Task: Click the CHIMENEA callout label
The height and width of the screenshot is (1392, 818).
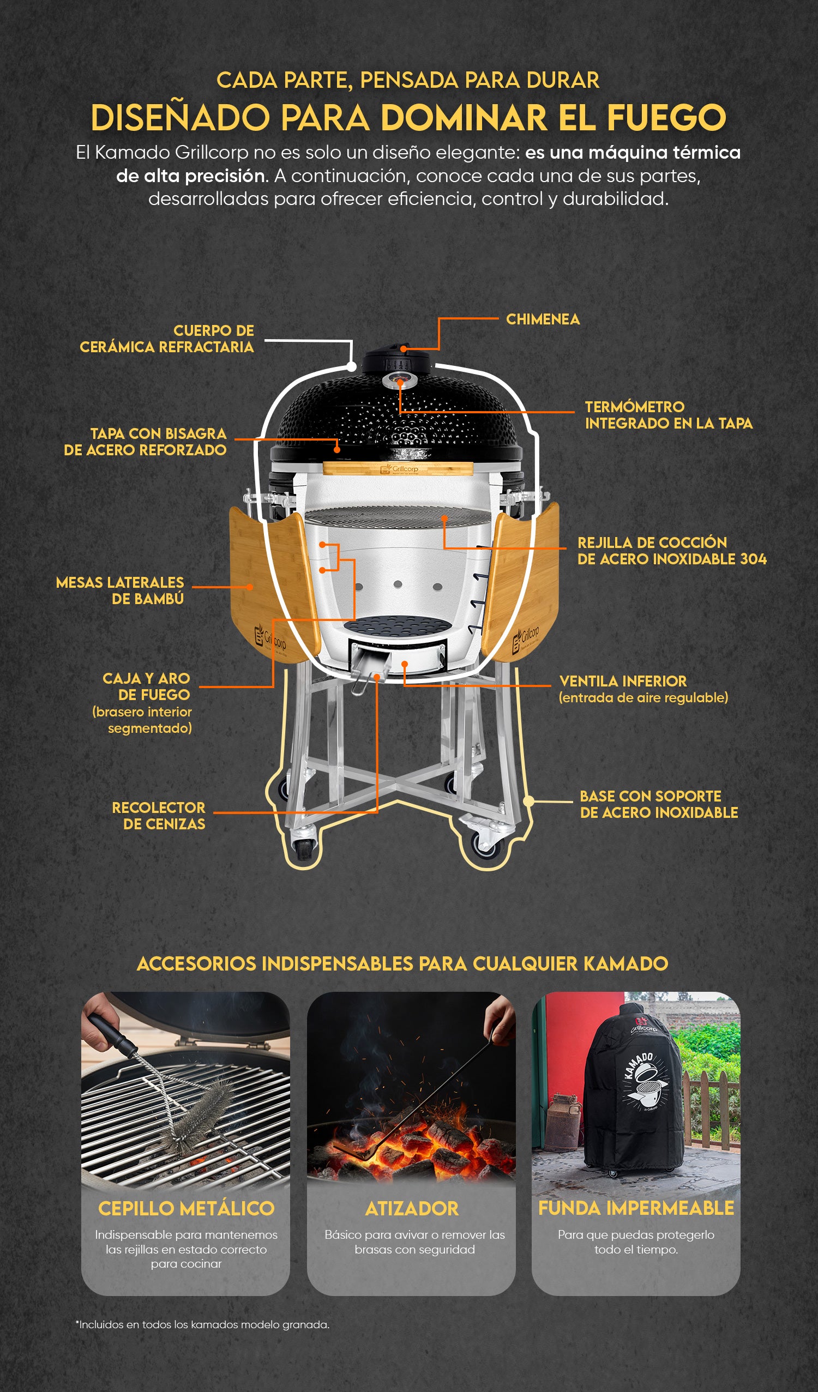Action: (543, 320)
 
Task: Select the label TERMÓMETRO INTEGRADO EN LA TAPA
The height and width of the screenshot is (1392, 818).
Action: (669, 415)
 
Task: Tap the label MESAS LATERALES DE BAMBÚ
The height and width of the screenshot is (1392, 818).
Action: (120, 590)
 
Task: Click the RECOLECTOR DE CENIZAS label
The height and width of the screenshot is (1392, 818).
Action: (159, 816)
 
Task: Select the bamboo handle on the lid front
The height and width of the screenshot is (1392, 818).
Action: (398, 468)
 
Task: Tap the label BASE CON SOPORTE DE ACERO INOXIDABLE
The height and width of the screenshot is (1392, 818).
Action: (659, 804)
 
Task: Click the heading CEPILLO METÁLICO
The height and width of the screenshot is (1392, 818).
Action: (186, 1208)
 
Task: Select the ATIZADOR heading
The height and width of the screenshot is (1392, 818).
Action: (412, 1208)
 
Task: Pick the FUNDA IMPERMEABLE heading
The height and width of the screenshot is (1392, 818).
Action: (636, 1208)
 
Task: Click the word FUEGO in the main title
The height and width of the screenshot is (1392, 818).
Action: (666, 118)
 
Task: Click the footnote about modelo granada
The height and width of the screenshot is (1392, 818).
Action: (202, 1324)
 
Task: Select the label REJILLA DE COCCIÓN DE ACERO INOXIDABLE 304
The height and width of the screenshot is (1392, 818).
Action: (672, 551)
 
